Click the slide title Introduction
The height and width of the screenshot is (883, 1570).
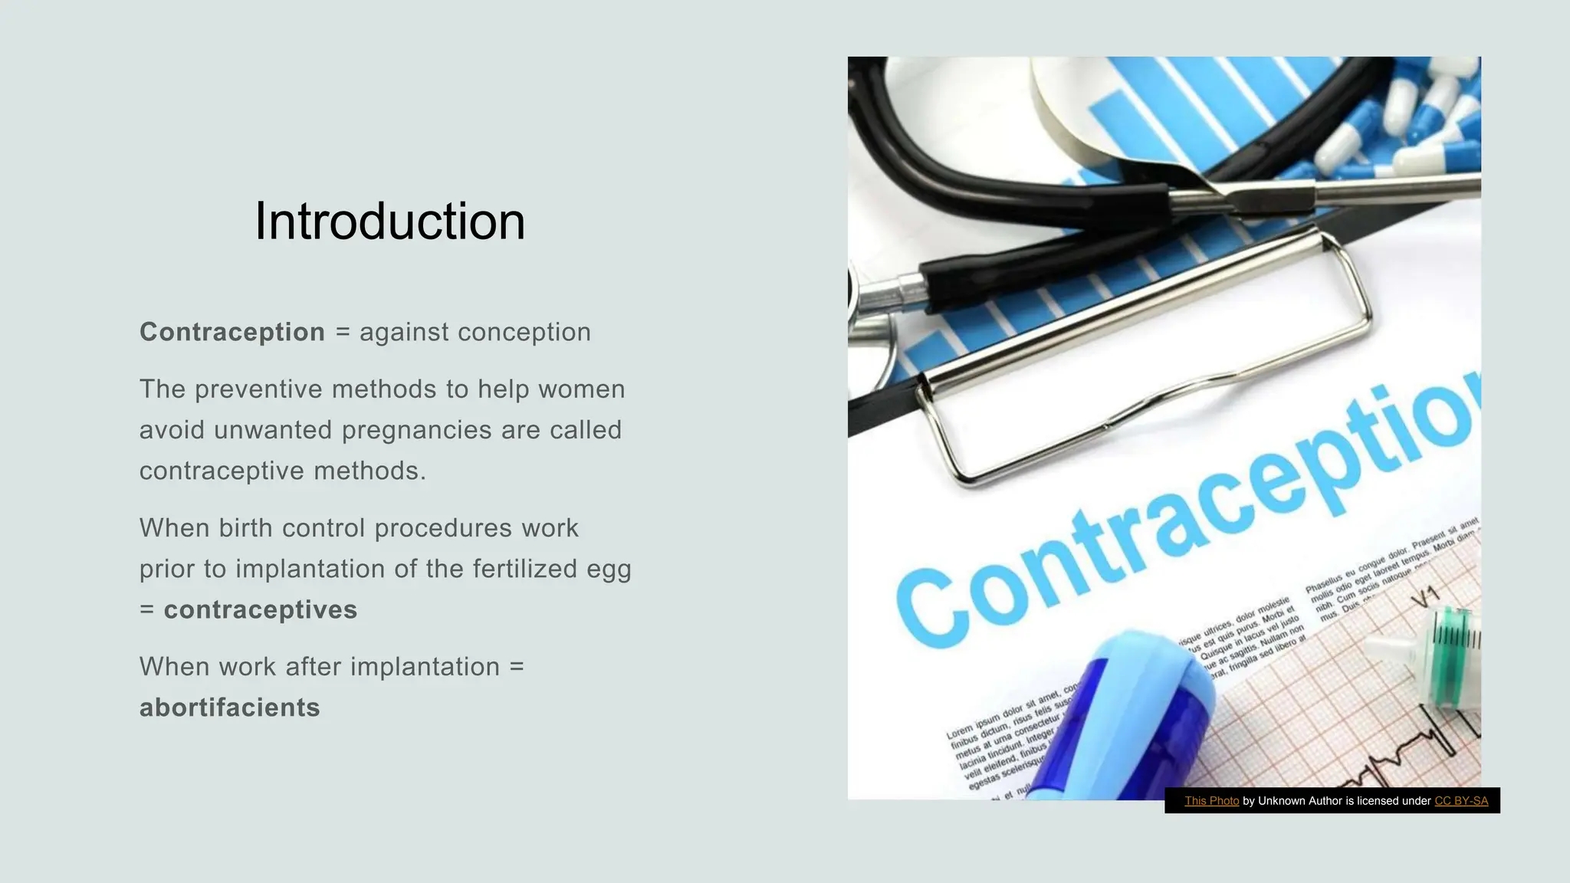[389, 222]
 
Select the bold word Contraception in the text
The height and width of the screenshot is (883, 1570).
[232, 332]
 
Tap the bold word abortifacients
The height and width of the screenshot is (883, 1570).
[229, 707]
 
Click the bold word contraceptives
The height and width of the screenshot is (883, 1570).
[261, 609]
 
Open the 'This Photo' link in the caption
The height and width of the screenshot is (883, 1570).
[1211, 801]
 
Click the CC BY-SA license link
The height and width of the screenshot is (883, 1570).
[1461, 801]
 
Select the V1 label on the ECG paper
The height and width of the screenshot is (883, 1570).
[1425, 596]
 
